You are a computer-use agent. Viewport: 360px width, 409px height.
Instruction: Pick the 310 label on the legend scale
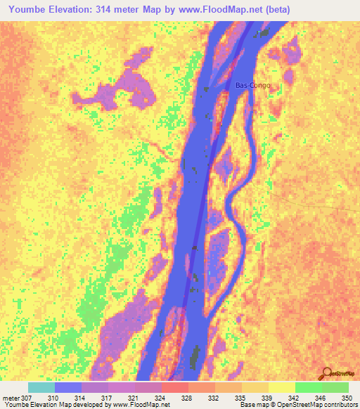tap(52, 398)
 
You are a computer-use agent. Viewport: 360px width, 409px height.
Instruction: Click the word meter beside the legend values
tap(11, 398)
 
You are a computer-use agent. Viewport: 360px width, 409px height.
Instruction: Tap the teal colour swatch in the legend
tap(41, 387)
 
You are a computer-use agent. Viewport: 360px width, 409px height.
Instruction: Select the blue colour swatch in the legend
tap(67, 387)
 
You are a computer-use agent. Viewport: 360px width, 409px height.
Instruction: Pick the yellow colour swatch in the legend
tap(281, 387)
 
